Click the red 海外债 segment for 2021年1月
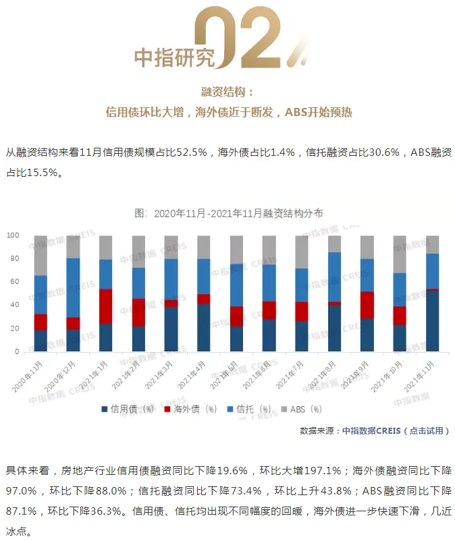[x=106, y=306]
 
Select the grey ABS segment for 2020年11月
[x=41, y=256]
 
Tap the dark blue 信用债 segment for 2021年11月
[x=432, y=321]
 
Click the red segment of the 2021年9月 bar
[x=367, y=305]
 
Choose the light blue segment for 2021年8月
[x=334, y=277]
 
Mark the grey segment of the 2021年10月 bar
[x=400, y=254]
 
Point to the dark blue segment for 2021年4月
[x=204, y=328]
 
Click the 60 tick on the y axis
[x=14, y=282]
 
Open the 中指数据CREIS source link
[x=371, y=430]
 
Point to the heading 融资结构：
[x=228, y=92]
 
